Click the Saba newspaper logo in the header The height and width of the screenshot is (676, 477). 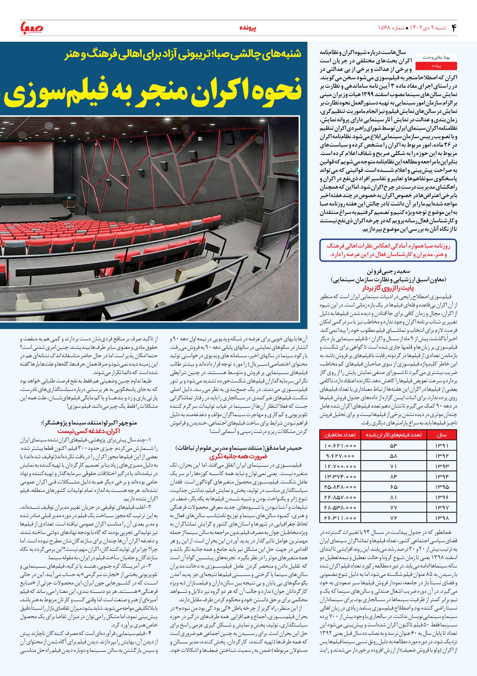31,28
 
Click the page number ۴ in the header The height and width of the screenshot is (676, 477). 453,28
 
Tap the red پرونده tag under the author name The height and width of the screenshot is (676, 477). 436,66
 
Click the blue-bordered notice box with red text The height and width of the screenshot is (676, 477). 388,251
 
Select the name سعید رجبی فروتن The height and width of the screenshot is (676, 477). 388,271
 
